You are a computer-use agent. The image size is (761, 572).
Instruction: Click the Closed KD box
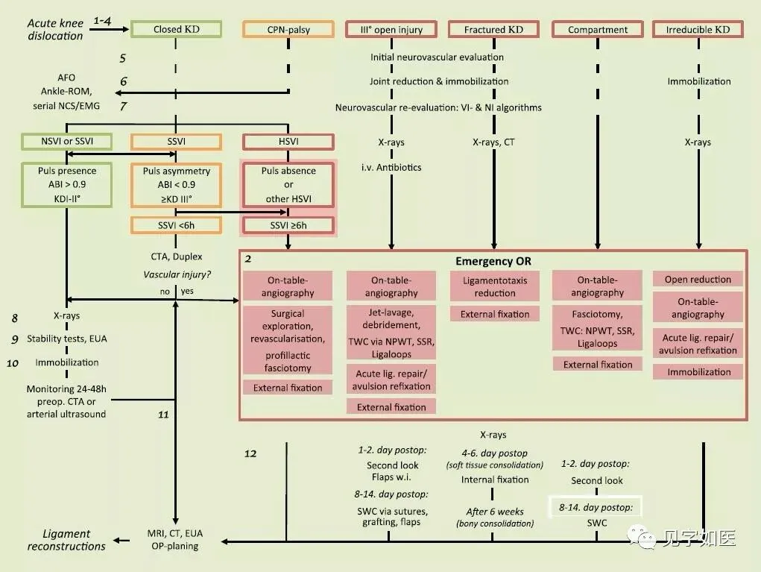click(x=176, y=30)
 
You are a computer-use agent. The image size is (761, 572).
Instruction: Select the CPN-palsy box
click(x=288, y=30)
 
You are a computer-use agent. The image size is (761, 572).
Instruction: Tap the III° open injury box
click(x=391, y=30)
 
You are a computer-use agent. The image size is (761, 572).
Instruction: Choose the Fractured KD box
click(x=493, y=30)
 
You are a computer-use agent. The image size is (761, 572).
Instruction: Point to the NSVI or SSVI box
click(x=67, y=142)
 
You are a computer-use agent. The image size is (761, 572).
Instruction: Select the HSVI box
click(x=288, y=142)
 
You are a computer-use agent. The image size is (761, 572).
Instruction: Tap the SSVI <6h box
click(x=176, y=224)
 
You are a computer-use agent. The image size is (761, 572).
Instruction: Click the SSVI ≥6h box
click(x=288, y=224)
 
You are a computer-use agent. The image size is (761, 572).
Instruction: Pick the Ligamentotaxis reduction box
click(x=493, y=287)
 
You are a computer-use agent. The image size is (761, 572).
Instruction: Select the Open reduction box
click(x=698, y=280)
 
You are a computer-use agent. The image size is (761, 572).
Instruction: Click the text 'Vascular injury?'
click(x=176, y=274)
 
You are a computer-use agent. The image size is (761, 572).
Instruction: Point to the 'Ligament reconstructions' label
click(x=66, y=539)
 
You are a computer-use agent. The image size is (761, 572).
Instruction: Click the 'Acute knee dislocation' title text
click(x=55, y=30)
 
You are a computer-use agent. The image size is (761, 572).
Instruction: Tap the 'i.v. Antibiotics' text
click(x=391, y=167)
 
